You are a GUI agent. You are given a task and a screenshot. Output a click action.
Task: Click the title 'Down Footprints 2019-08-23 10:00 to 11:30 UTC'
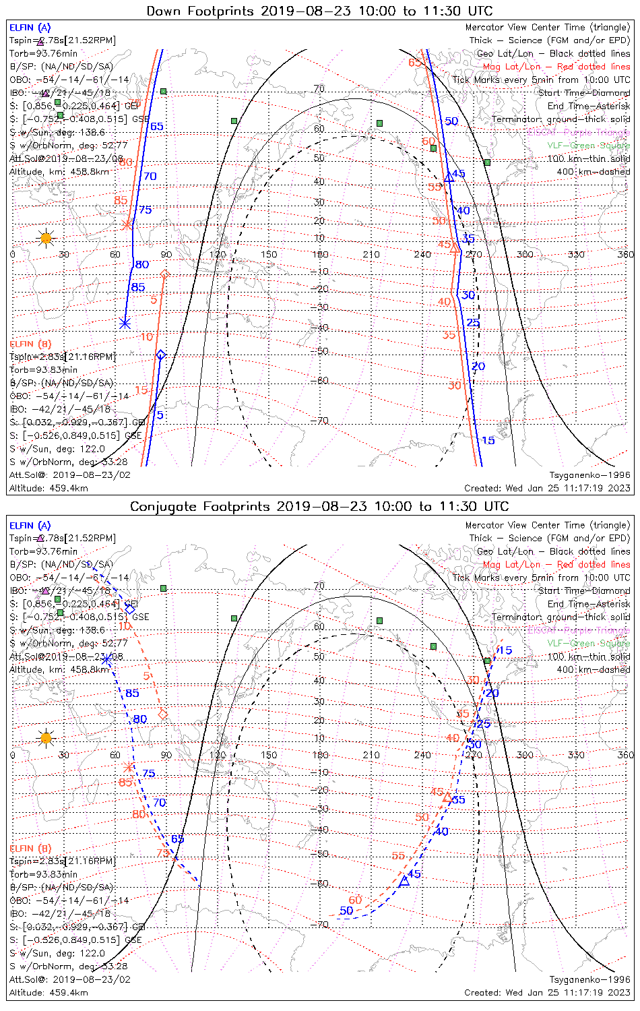pyautogui.click(x=319, y=11)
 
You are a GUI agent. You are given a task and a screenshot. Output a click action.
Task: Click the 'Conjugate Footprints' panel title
pyautogui.click(x=319, y=506)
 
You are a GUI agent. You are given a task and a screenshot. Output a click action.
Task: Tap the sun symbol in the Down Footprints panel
pyautogui.click(x=45, y=238)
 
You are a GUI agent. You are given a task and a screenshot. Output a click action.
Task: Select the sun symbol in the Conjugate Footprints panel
pyautogui.click(x=45, y=737)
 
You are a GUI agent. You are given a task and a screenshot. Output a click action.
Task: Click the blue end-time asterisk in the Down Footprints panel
pyautogui.click(x=124, y=324)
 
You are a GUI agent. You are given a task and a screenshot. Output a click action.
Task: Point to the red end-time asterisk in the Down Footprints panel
pyautogui.click(x=126, y=224)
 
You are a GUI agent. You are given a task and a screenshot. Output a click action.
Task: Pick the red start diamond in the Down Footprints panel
pyautogui.click(x=165, y=274)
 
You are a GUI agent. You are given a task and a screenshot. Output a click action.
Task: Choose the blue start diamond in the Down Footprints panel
pyautogui.click(x=161, y=355)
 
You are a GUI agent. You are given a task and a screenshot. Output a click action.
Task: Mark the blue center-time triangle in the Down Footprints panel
pyautogui.click(x=449, y=177)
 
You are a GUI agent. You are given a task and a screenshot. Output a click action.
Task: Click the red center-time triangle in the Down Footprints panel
pyautogui.click(x=455, y=248)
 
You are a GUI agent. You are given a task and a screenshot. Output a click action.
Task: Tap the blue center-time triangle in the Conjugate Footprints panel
pyautogui.click(x=405, y=880)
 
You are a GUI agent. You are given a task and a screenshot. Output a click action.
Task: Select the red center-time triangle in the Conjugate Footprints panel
pyautogui.click(x=447, y=797)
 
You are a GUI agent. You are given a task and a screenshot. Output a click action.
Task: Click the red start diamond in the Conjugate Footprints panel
pyautogui.click(x=162, y=714)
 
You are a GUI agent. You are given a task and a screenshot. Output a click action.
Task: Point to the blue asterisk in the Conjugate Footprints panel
pyautogui.click(x=106, y=659)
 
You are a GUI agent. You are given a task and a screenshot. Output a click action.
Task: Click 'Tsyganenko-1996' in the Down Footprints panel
pyautogui.click(x=589, y=475)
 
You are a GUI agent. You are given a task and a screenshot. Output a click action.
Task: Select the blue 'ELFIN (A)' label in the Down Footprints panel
pyautogui.click(x=30, y=28)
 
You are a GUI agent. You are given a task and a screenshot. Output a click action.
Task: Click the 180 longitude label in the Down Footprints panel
pyautogui.click(x=320, y=255)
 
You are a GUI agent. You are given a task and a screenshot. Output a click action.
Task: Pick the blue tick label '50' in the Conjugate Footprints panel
pyautogui.click(x=346, y=911)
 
